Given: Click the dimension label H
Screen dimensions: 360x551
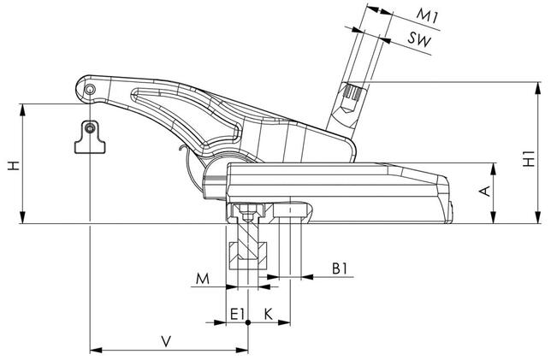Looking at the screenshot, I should pyautogui.click(x=12, y=165).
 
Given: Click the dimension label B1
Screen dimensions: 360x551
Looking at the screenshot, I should pyautogui.click(x=341, y=269).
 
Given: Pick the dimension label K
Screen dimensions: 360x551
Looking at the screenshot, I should pyautogui.click(x=268, y=313).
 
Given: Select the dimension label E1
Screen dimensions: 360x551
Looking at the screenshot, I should pyautogui.click(x=237, y=313).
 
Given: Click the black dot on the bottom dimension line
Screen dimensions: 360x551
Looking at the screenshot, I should pyautogui.click(x=247, y=323).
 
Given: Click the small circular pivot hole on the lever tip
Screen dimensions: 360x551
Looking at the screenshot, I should pyautogui.click(x=89, y=90).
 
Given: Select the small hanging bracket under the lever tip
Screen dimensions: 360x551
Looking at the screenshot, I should pyautogui.click(x=89, y=137).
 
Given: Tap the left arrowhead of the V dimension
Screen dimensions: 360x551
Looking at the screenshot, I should pyautogui.click(x=93, y=348).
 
